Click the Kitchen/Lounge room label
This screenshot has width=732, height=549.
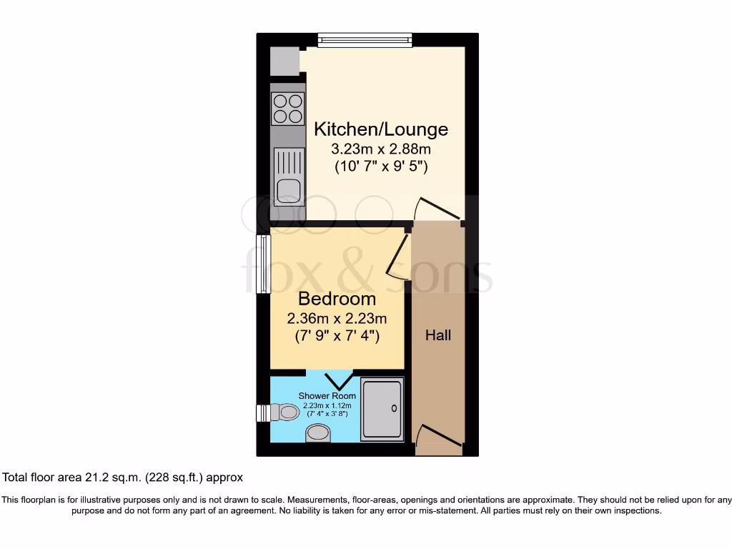point(381,129)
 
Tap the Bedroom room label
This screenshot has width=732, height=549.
point(337,299)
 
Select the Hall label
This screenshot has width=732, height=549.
point(438,335)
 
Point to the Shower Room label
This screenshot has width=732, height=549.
point(327,395)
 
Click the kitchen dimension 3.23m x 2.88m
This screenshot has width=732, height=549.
point(381,149)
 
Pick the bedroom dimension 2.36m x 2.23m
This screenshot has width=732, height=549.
point(337,317)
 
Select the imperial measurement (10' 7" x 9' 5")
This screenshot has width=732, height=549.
point(381,167)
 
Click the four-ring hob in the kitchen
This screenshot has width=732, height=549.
point(288,109)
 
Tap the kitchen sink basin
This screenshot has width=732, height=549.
point(288,190)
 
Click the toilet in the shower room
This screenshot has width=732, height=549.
point(285,412)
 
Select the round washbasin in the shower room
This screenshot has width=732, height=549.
point(319,432)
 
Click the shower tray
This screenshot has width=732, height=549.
point(382,408)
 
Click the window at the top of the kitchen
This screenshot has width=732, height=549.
point(365,40)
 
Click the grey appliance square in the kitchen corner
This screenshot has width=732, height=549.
point(285,61)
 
